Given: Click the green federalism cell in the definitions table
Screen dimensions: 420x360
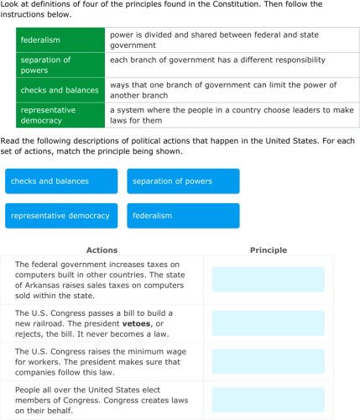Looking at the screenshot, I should pyautogui.click(x=60, y=39).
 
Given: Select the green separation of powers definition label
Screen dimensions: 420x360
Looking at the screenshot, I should pyautogui.click(x=60, y=65).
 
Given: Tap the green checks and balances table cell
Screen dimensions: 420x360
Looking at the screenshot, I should pyautogui.click(x=60, y=90).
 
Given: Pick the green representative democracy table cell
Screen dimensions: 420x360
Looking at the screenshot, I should pyautogui.click(x=60, y=115).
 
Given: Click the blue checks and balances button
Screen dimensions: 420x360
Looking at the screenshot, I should pyautogui.click(x=61, y=181).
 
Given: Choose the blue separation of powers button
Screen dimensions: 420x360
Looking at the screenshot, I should pyautogui.click(x=183, y=181).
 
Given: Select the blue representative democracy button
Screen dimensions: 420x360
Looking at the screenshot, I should pyautogui.click(x=61, y=216).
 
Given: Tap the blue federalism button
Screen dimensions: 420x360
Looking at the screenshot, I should pyautogui.click(x=183, y=216).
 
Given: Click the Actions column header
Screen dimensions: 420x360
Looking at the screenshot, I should pyautogui.click(x=102, y=250).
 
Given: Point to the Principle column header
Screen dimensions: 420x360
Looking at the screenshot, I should pyautogui.click(x=268, y=250).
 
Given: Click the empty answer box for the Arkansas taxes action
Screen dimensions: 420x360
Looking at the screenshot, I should pyautogui.click(x=268, y=280).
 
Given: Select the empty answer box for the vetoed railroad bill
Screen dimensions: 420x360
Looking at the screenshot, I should pyautogui.click(x=268, y=323).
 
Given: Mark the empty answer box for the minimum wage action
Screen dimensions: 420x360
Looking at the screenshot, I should pyautogui.click(x=268, y=362).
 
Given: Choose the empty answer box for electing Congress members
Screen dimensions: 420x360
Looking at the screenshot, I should pyautogui.click(x=268, y=400).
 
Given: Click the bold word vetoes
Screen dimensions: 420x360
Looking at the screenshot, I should pyautogui.click(x=137, y=323).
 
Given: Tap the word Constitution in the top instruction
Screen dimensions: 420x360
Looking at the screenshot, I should pyautogui.click(x=228, y=5).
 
